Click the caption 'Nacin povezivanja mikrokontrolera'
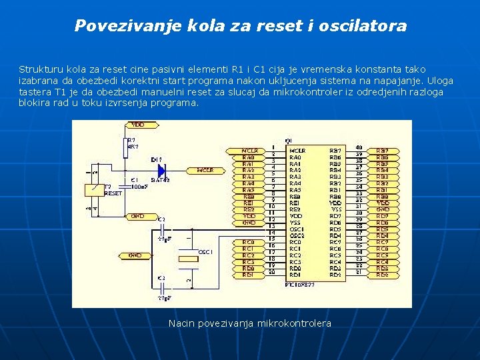[x=249, y=323]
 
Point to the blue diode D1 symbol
[x=159, y=170]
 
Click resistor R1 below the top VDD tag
[x=125, y=145]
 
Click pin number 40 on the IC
[x=359, y=148]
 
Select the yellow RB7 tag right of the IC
[x=383, y=151]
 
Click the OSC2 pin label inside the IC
[x=297, y=235]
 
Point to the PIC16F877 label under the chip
[x=299, y=284]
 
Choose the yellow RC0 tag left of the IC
[x=248, y=242]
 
